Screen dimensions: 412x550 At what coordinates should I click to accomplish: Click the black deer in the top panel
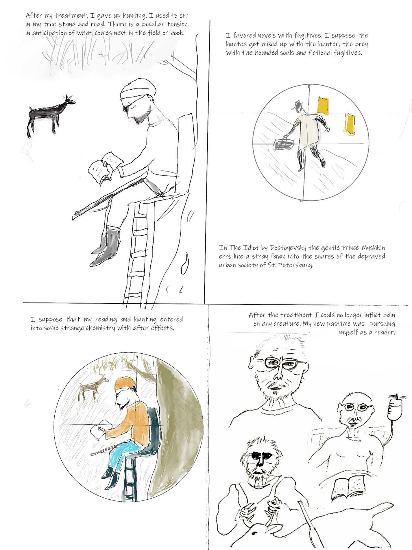(48, 114)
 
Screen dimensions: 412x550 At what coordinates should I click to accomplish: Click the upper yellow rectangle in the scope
(323, 106)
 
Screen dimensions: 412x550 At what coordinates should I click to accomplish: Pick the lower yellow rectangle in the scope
(349, 124)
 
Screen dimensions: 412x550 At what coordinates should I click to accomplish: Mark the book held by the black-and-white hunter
(103, 166)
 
